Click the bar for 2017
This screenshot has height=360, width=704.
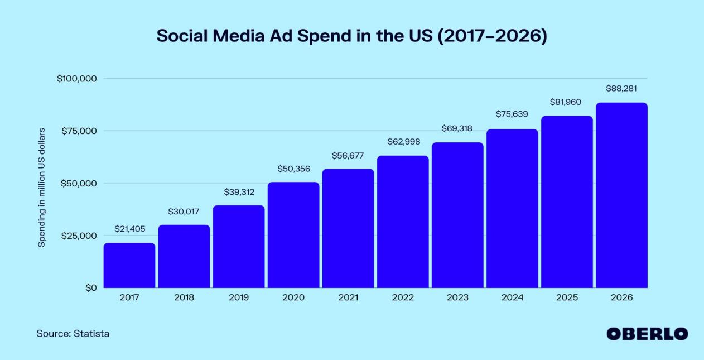coord(129,265)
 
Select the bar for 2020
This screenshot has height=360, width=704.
coord(293,235)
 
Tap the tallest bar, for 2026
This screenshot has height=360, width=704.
coord(621,195)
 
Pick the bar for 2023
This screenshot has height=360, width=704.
coord(457,215)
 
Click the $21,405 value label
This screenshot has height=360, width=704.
coord(129,229)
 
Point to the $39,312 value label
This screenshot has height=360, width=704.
coord(239,192)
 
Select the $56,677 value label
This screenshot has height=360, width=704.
coord(348,155)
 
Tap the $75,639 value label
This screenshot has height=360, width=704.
coord(512,114)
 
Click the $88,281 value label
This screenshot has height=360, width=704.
coord(621,88)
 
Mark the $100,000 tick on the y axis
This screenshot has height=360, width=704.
coord(78,79)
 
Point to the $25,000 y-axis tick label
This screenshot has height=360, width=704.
coord(78,236)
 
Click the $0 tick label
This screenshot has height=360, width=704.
coord(90,288)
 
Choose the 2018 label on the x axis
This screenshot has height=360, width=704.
coord(184,297)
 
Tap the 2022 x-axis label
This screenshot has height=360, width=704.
coord(403,297)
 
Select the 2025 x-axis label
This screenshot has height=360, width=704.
coord(567,297)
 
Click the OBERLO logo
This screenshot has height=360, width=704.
coord(647,334)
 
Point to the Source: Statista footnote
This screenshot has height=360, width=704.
coord(73,334)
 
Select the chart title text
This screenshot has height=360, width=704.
coord(351,36)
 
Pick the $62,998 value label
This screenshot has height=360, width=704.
coord(403,142)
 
